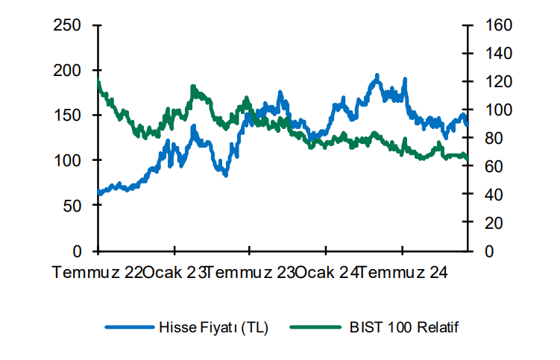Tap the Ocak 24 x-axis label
point(326,273)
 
